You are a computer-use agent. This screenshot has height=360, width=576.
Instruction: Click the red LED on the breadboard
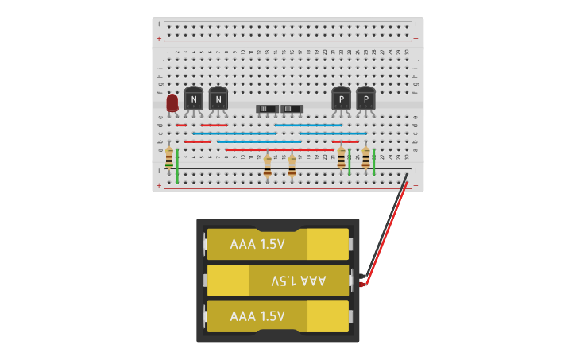point(172,103)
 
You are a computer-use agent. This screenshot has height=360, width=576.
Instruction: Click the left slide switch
point(267,108)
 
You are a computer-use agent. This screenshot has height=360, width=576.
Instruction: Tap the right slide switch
point(292,108)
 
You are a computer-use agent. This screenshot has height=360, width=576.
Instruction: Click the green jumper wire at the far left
point(177,165)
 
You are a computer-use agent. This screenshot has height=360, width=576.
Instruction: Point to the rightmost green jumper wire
point(373,161)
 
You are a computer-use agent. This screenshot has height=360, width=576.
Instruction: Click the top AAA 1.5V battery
point(277,244)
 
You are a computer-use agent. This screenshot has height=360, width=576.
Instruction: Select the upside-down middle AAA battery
point(277,281)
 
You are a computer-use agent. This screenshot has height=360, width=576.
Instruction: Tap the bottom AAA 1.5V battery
point(277,316)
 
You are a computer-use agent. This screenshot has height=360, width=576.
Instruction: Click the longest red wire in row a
point(279,149)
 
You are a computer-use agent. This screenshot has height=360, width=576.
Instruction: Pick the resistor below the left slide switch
point(268,165)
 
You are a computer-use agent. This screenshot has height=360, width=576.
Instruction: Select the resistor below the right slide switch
point(292,165)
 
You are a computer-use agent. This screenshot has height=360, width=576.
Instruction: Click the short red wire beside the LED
point(181,125)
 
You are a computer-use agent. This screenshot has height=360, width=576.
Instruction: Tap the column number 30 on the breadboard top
point(406,52)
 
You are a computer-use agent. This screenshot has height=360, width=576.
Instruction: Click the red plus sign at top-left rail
point(159,38)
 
